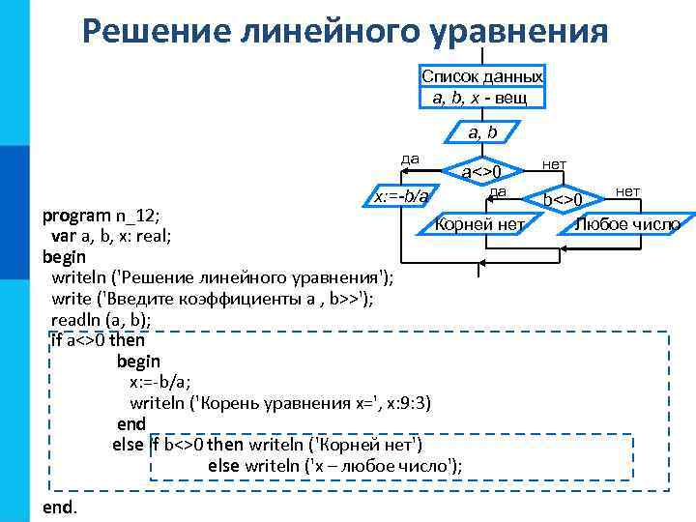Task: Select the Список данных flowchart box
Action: pyautogui.click(x=481, y=86)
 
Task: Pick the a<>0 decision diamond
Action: pyautogui.click(x=481, y=172)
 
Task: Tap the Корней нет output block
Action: pyautogui.click(x=479, y=224)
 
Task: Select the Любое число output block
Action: pyautogui.click(x=626, y=224)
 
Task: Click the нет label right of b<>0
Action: pyautogui.click(x=627, y=191)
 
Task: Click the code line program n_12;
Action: pyautogui.click(x=101, y=215)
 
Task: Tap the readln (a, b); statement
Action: pyautogui.click(x=101, y=319)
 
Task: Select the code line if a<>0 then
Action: pyautogui.click(x=98, y=340)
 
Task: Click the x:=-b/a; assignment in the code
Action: pyautogui.click(x=160, y=382)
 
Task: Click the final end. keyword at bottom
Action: pyautogui.click(x=60, y=507)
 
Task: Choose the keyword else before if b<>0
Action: pyautogui.click(x=128, y=445)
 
